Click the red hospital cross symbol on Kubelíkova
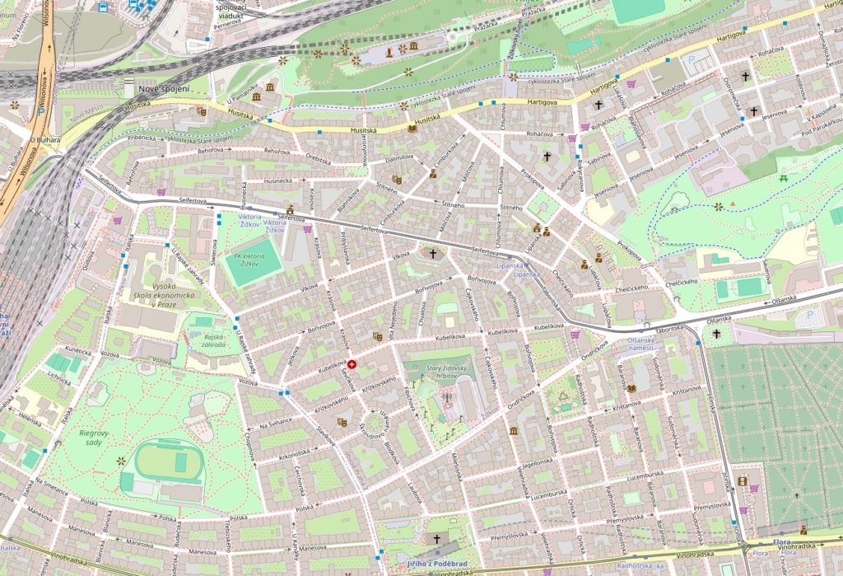(x=352, y=364)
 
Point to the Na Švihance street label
(x=276, y=424)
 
